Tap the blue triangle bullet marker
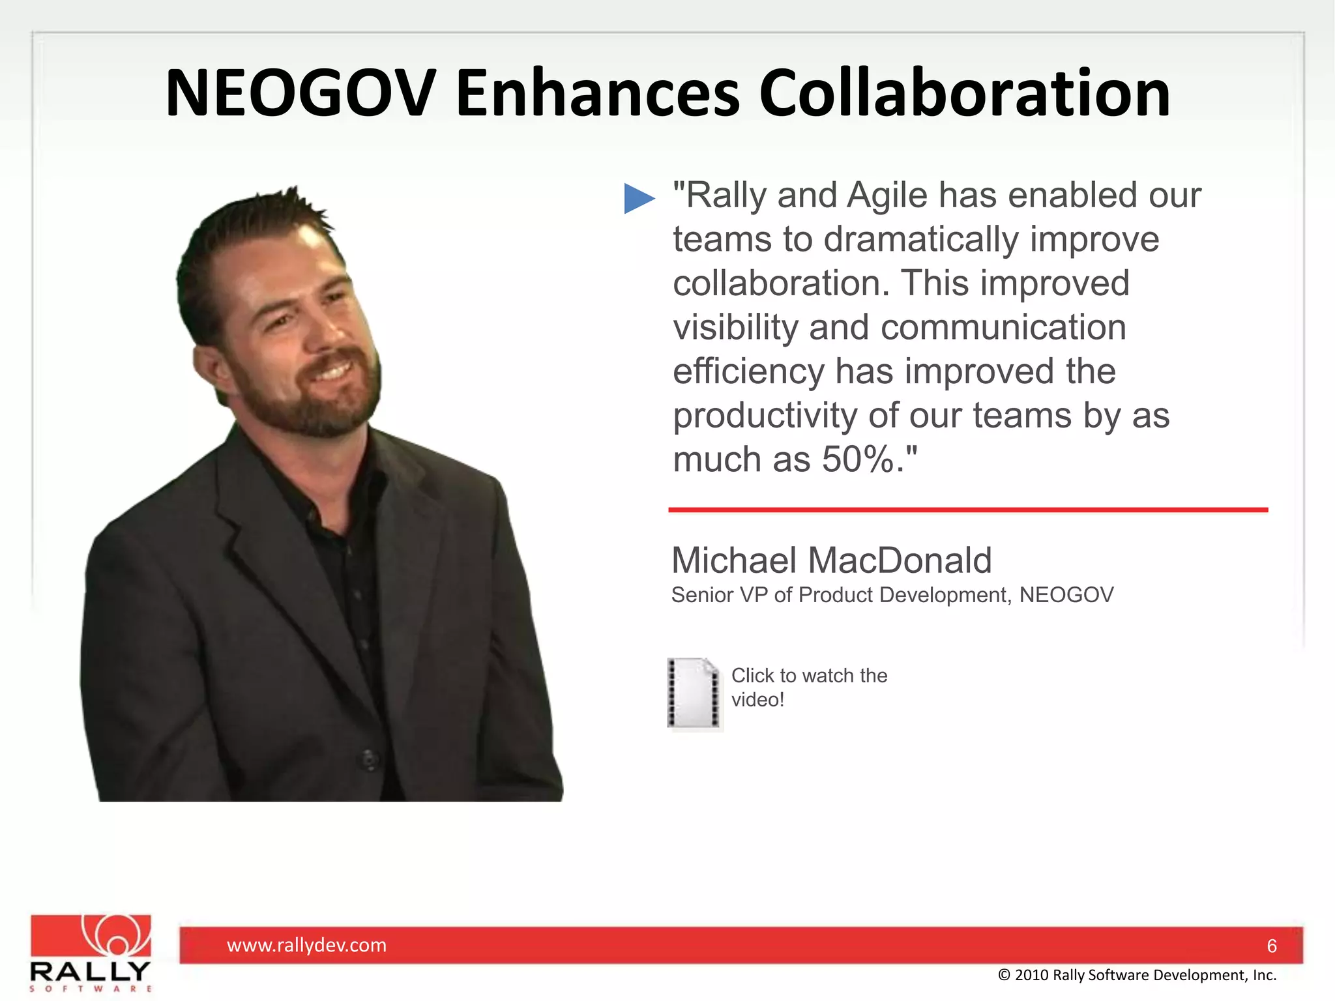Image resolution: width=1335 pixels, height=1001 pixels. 638,198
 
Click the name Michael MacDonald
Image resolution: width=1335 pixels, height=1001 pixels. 831,560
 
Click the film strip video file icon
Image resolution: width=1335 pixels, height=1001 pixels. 694,693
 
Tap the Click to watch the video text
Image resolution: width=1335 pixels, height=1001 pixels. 808,687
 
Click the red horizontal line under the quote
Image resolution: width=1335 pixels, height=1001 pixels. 967,510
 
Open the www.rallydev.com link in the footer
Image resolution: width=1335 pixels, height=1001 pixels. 306,945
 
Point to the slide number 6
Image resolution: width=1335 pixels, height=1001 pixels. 1271,946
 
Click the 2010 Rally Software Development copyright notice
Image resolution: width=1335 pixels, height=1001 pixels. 1137,975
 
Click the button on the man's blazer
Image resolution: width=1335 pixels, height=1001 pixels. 369,759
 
